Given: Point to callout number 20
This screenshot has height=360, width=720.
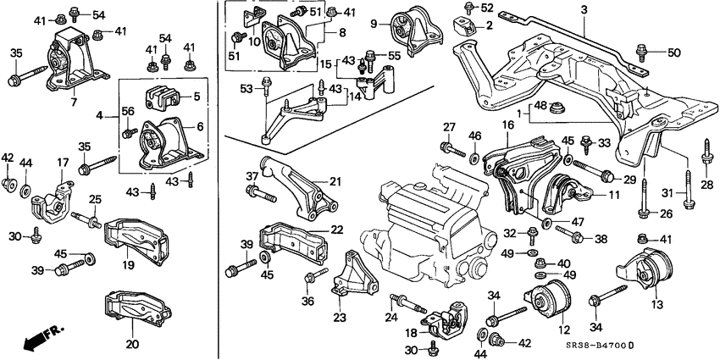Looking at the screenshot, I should point(130,345).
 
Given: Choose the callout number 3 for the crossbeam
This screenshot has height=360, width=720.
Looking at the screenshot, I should point(583,9).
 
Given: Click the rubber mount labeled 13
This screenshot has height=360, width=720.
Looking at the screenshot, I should point(647,272).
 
